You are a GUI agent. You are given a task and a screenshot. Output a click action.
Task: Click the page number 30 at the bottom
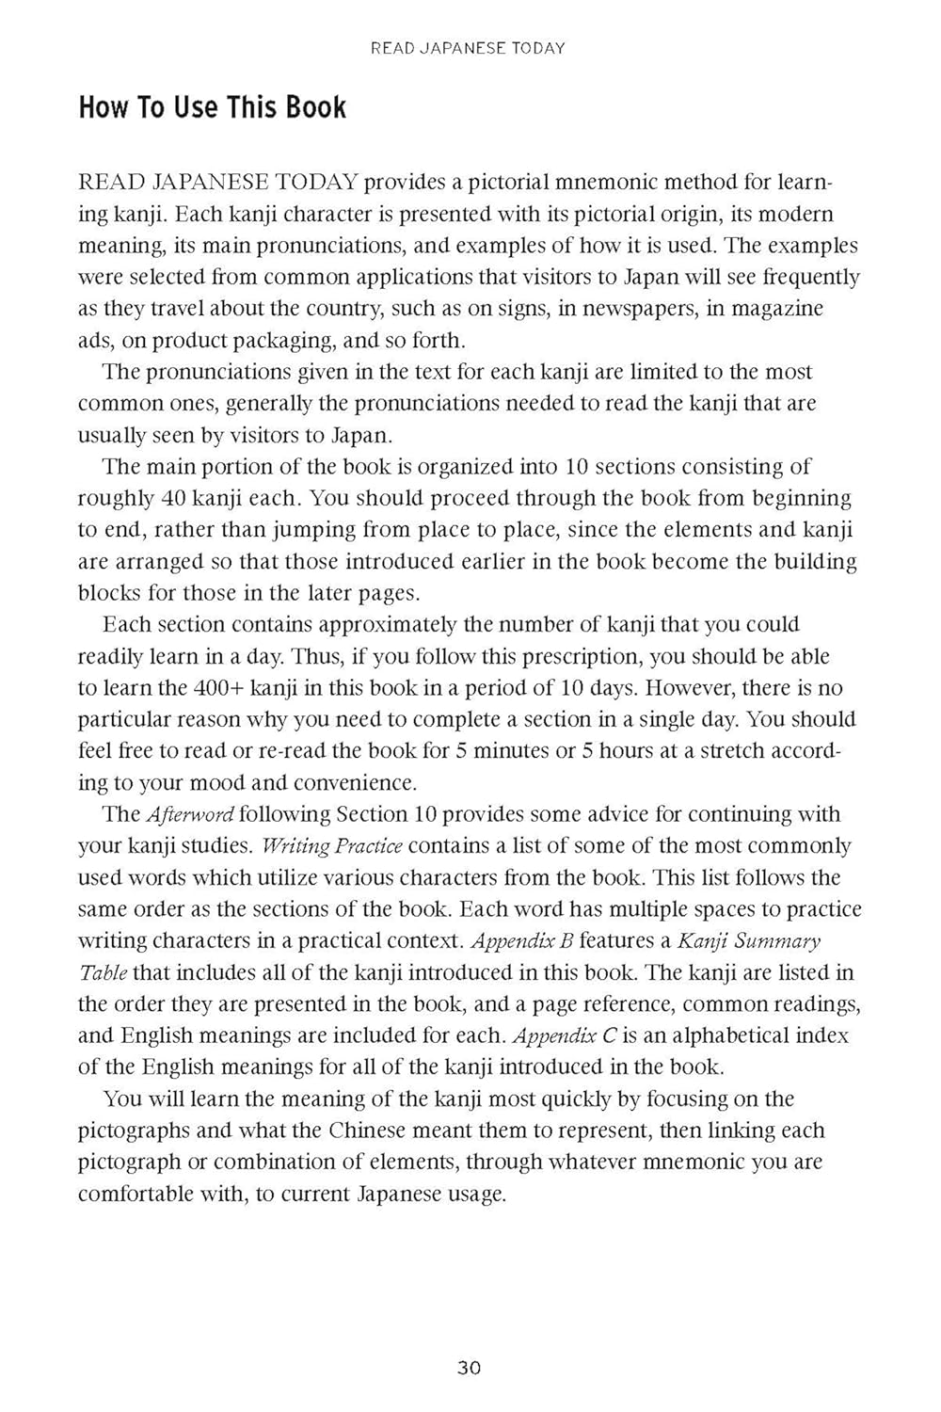[x=469, y=1368]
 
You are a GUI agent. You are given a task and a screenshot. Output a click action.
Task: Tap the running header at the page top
[x=468, y=48]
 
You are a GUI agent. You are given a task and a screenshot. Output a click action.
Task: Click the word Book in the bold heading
[x=316, y=108]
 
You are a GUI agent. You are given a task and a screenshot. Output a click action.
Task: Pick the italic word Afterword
[x=189, y=814]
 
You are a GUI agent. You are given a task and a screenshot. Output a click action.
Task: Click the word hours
[x=634, y=751]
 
